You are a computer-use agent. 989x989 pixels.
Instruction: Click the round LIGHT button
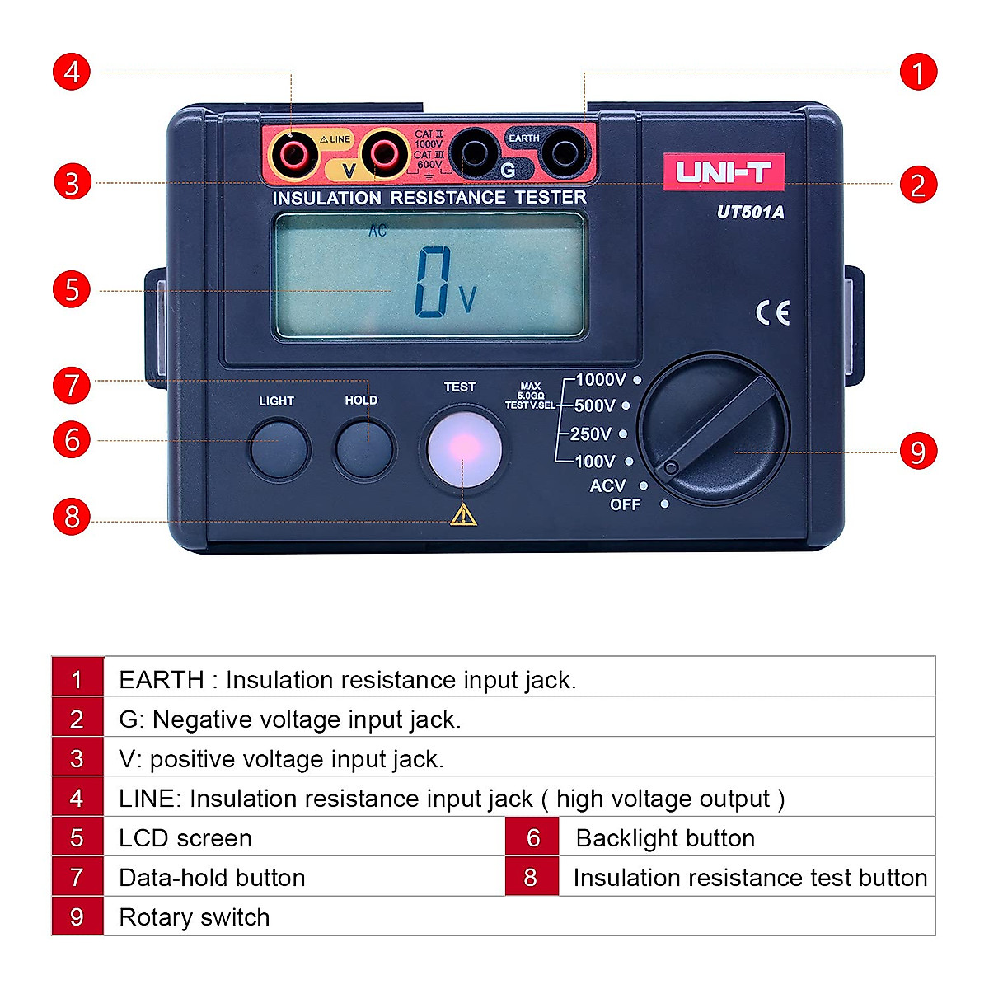point(279,449)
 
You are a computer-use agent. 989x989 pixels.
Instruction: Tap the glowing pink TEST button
point(464,448)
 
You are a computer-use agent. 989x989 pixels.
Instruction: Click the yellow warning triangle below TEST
point(463,515)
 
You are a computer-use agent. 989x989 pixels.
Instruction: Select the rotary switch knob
point(714,429)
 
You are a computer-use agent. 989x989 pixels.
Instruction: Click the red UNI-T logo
point(724,171)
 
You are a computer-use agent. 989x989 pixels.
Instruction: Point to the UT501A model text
point(750,212)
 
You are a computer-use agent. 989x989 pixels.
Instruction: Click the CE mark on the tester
point(773,313)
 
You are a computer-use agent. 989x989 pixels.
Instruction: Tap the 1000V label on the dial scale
point(601,380)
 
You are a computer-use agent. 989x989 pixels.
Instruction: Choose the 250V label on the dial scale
point(591,434)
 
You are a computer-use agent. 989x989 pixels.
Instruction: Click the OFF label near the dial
point(625,504)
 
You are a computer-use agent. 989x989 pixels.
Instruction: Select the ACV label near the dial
point(607,485)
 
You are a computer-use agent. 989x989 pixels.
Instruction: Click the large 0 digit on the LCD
point(433,282)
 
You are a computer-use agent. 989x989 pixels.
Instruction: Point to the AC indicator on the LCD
point(377,231)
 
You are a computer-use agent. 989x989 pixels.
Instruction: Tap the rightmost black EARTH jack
point(565,153)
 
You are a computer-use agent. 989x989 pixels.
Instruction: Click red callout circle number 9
point(918,452)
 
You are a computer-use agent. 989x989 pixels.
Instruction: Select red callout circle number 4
point(72,72)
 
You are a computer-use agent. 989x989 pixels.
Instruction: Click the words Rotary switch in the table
point(195,917)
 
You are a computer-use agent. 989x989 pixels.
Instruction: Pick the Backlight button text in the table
point(665,838)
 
